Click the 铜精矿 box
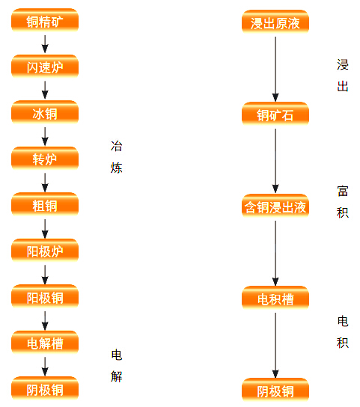(45, 20)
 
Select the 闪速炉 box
(45, 66)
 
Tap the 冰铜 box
(45, 112)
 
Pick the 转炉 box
(45, 159)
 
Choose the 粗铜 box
(45, 204)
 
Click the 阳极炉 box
(45, 250)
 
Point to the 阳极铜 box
(45, 296)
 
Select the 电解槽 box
(45, 343)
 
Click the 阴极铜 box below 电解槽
(45, 388)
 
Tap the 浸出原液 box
(275, 22)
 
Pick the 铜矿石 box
(275, 114)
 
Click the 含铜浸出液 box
(275, 206)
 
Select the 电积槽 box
(275, 298)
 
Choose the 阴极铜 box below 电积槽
(275, 390)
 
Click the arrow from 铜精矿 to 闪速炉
(45, 44)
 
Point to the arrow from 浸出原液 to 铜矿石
(275, 69)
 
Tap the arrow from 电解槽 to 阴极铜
(45, 367)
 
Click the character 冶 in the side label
(116, 146)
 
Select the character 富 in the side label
(343, 192)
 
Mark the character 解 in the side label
(116, 376)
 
